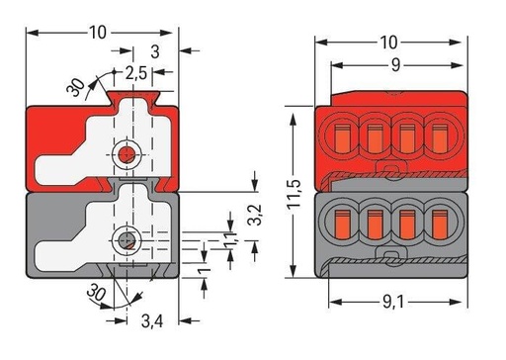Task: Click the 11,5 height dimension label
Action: point(278,191)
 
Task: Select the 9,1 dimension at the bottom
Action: point(387,318)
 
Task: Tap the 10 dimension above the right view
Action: point(387,42)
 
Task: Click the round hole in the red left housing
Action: point(126,155)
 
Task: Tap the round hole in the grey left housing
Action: point(125,239)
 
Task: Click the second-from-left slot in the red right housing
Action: point(375,133)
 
